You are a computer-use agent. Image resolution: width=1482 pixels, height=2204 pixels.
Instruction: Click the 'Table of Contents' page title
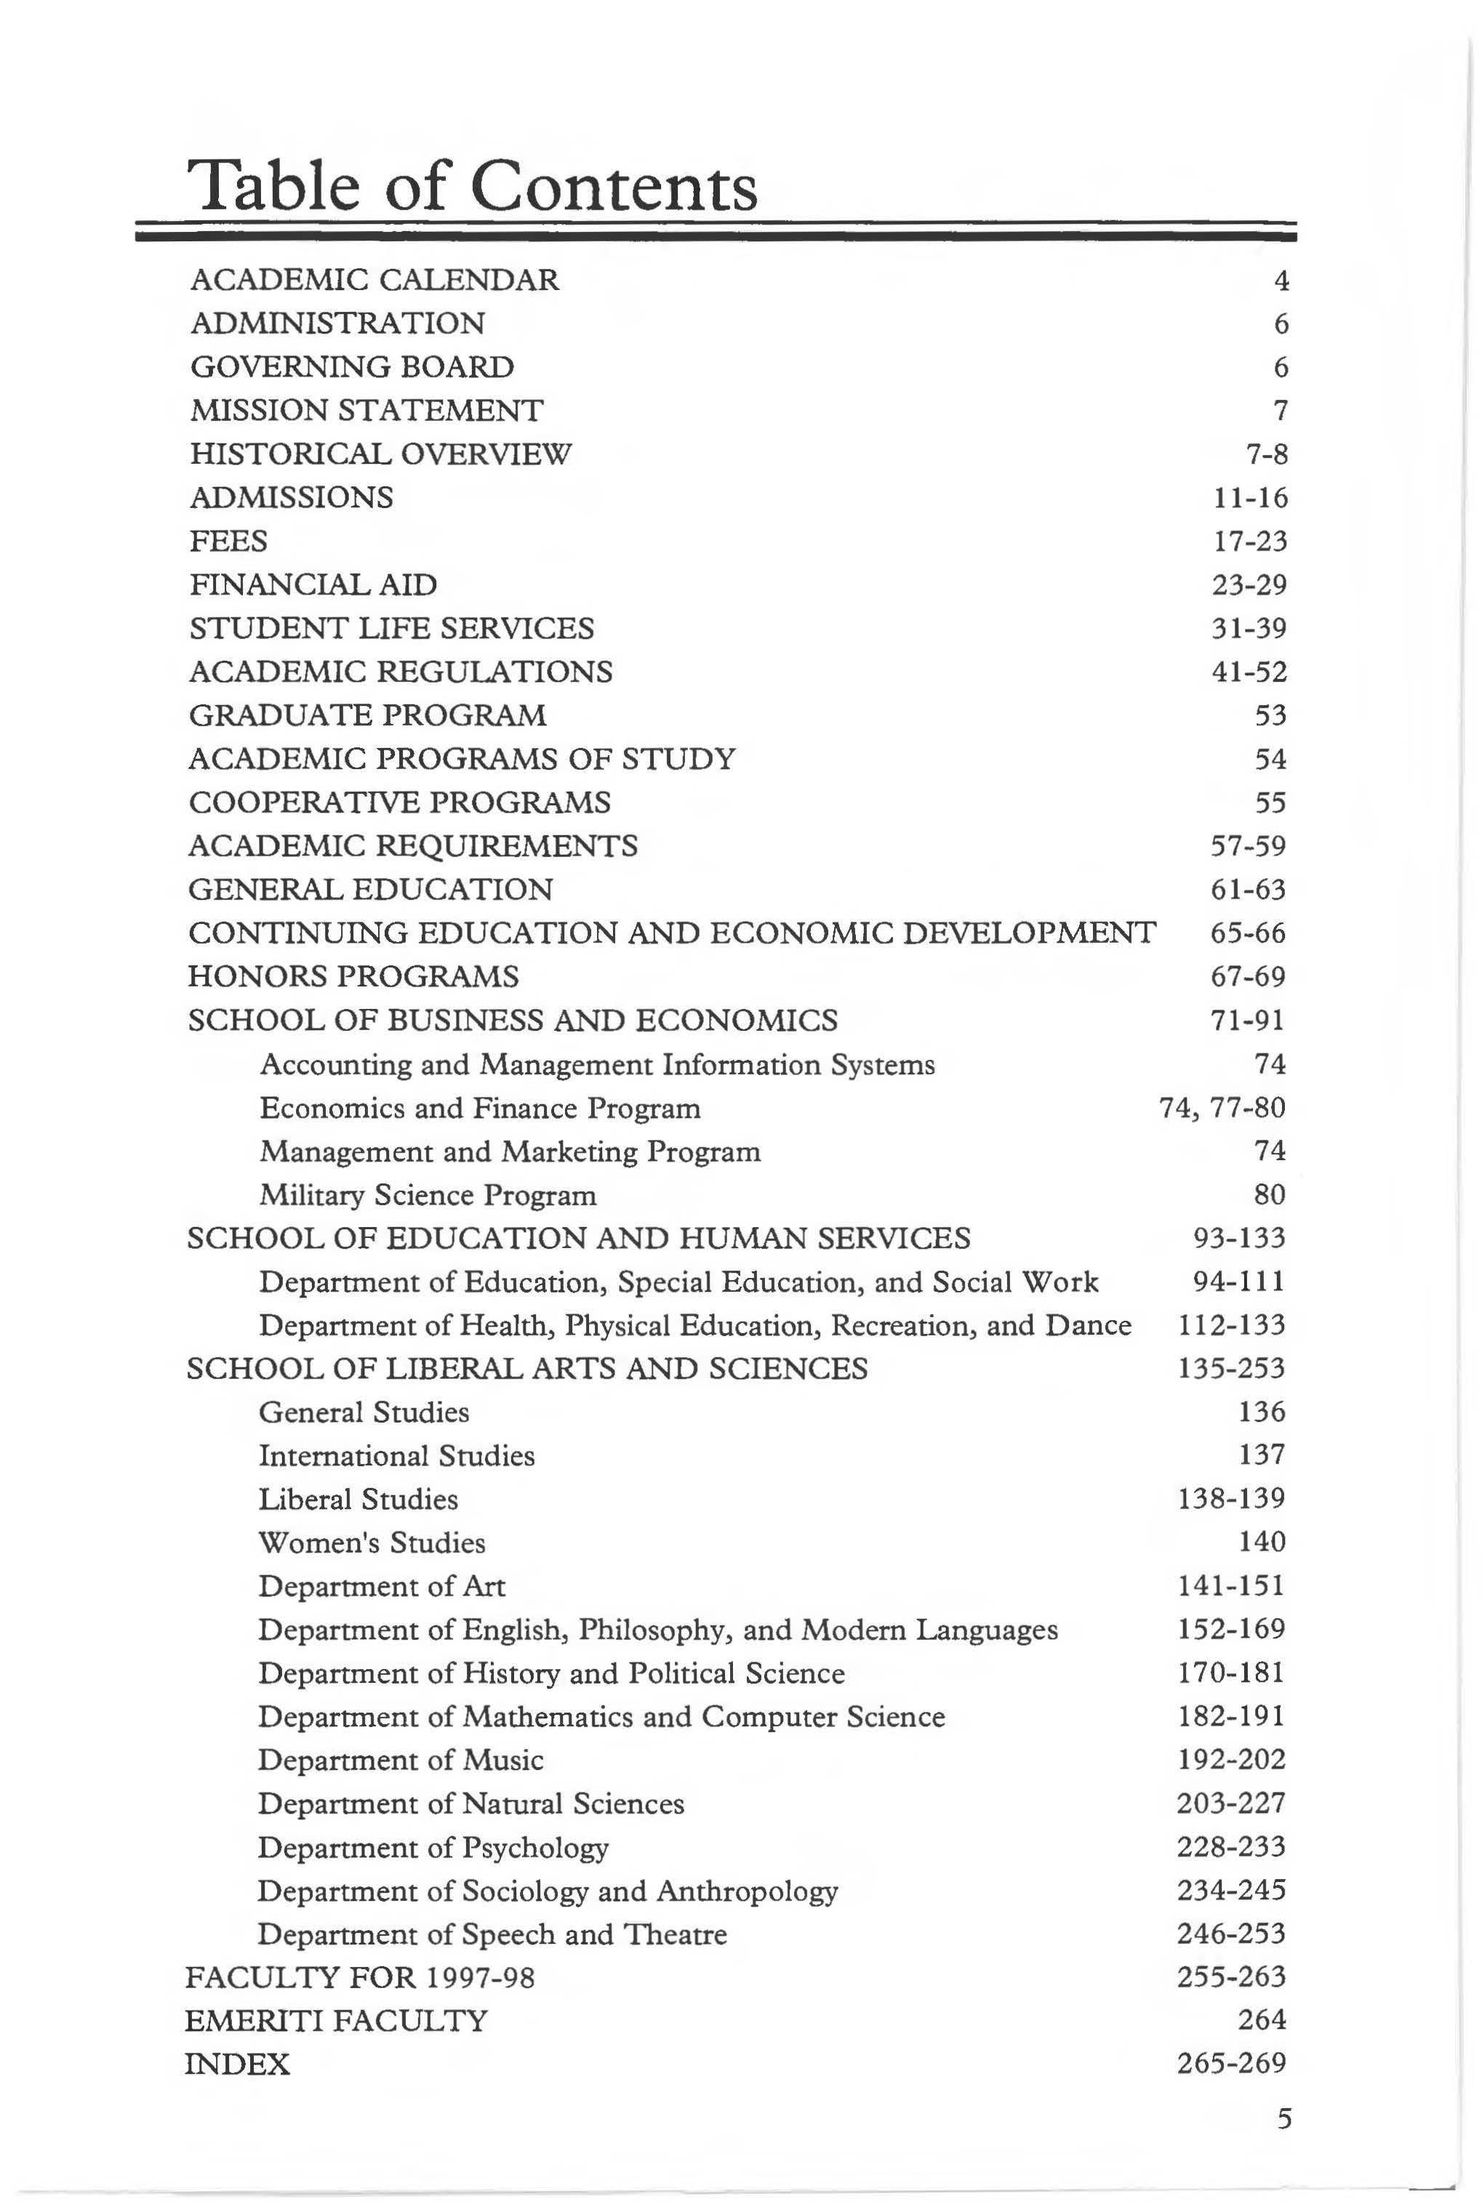(x=473, y=186)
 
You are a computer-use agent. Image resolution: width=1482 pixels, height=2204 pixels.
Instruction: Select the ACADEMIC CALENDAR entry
(x=374, y=280)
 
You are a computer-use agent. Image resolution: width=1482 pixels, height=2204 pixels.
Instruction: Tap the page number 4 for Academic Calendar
(x=1281, y=281)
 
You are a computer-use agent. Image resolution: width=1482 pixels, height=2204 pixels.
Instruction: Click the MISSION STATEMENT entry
(x=367, y=410)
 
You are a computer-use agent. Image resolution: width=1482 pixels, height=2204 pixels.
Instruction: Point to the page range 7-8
(x=1267, y=454)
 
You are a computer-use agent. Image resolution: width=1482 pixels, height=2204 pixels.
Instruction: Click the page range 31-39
(x=1249, y=628)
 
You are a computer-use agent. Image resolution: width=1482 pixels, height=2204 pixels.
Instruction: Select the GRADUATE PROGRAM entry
(x=368, y=715)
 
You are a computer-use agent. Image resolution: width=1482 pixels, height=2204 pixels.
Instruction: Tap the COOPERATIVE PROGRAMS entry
(x=400, y=802)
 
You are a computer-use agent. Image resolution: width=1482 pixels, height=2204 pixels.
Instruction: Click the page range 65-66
(x=1248, y=933)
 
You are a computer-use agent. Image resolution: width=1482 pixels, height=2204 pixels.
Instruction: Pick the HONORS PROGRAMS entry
(x=353, y=976)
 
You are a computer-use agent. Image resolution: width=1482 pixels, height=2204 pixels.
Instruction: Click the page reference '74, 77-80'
(x=1222, y=1107)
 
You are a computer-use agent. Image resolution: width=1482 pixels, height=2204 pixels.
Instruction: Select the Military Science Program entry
(x=428, y=1195)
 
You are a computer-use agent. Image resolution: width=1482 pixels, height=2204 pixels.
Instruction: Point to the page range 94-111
(x=1239, y=1282)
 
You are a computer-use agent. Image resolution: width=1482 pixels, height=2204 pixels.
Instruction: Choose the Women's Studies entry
(x=372, y=1543)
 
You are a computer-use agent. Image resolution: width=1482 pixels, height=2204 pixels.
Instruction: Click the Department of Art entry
(x=382, y=1586)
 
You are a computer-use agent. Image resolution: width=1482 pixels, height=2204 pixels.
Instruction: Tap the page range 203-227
(x=1230, y=1804)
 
